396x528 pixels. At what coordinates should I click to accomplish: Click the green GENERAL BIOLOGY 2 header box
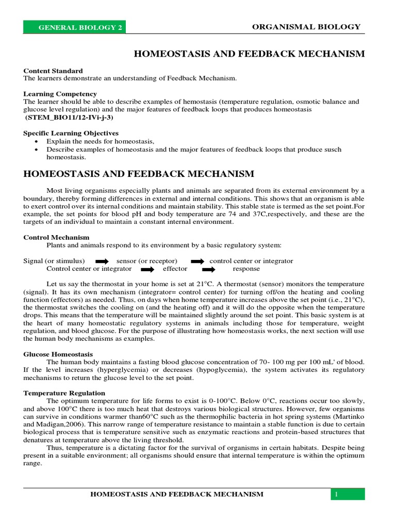tap(74, 27)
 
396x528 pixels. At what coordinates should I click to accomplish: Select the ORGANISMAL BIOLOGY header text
tap(306, 27)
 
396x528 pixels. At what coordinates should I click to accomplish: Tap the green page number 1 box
tap(348, 494)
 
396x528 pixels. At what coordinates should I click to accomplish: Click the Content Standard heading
tap(53, 71)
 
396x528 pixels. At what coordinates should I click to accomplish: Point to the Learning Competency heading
tap(60, 94)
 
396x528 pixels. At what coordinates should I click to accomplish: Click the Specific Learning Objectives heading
tap(71, 133)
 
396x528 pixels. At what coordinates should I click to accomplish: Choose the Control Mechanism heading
tap(56, 237)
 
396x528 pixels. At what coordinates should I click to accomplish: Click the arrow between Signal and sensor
tap(103, 261)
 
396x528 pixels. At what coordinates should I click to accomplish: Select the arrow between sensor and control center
tap(197, 261)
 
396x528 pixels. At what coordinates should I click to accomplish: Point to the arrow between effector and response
tap(209, 269)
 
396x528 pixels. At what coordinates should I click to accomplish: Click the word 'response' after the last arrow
tap(246, 269)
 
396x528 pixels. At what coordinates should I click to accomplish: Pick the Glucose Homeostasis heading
tap(58, 354)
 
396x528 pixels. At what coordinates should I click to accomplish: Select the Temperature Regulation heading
tap(64, 393)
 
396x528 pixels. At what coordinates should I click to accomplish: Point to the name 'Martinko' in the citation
tap(349, 417)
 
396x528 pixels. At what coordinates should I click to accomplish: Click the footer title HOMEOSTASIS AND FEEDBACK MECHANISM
tap(177, 494)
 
